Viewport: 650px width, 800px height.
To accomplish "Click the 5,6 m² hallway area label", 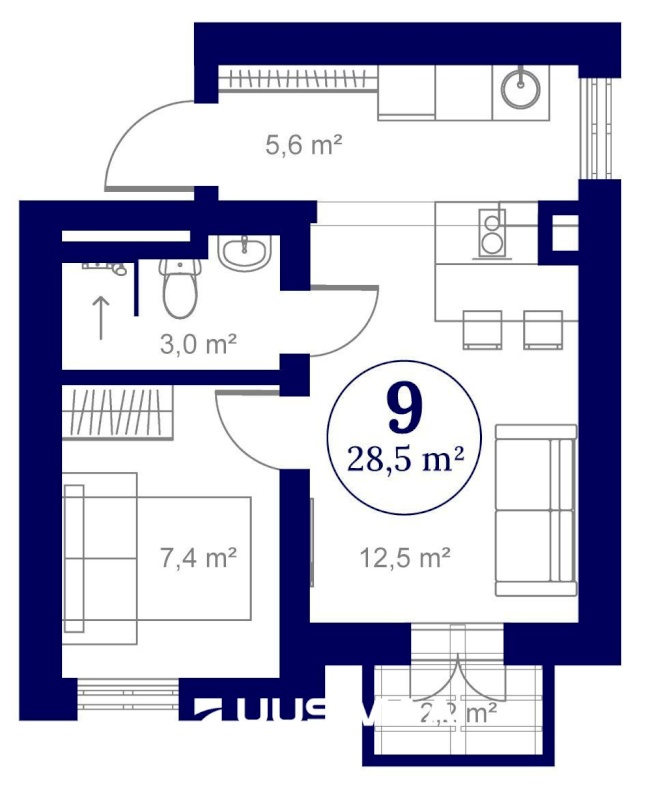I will point(303,146).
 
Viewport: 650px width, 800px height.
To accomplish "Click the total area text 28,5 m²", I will point(404,460).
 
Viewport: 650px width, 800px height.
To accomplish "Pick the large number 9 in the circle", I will point(404,407).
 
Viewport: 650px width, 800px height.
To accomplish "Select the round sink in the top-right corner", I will point(521,87).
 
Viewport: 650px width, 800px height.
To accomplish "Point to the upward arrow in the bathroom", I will point(101,318).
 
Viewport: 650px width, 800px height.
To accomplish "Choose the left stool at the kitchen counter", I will point(481,329).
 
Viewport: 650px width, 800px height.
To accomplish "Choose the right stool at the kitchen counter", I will point(543,329).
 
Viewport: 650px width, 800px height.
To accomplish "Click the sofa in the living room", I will point(537,508).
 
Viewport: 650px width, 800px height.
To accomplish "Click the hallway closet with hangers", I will point(297,78).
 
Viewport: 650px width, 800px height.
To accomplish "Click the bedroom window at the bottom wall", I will point(128,693).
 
